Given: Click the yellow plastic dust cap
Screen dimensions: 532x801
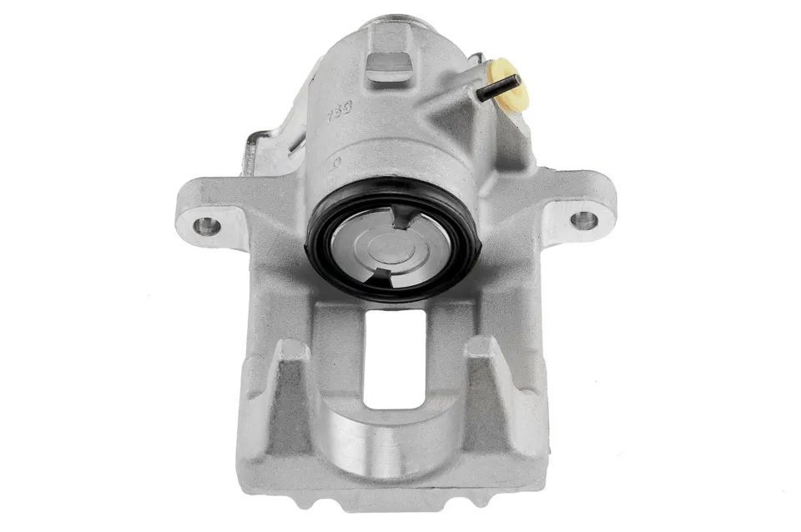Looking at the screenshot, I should point(511,86).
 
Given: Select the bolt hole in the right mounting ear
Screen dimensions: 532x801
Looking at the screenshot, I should point(583,221).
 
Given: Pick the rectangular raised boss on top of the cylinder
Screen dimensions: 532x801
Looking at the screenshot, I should point(390,64).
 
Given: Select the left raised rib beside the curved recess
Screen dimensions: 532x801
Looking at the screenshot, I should point(289,392).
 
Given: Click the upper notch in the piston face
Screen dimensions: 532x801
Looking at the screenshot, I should point(404,218).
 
